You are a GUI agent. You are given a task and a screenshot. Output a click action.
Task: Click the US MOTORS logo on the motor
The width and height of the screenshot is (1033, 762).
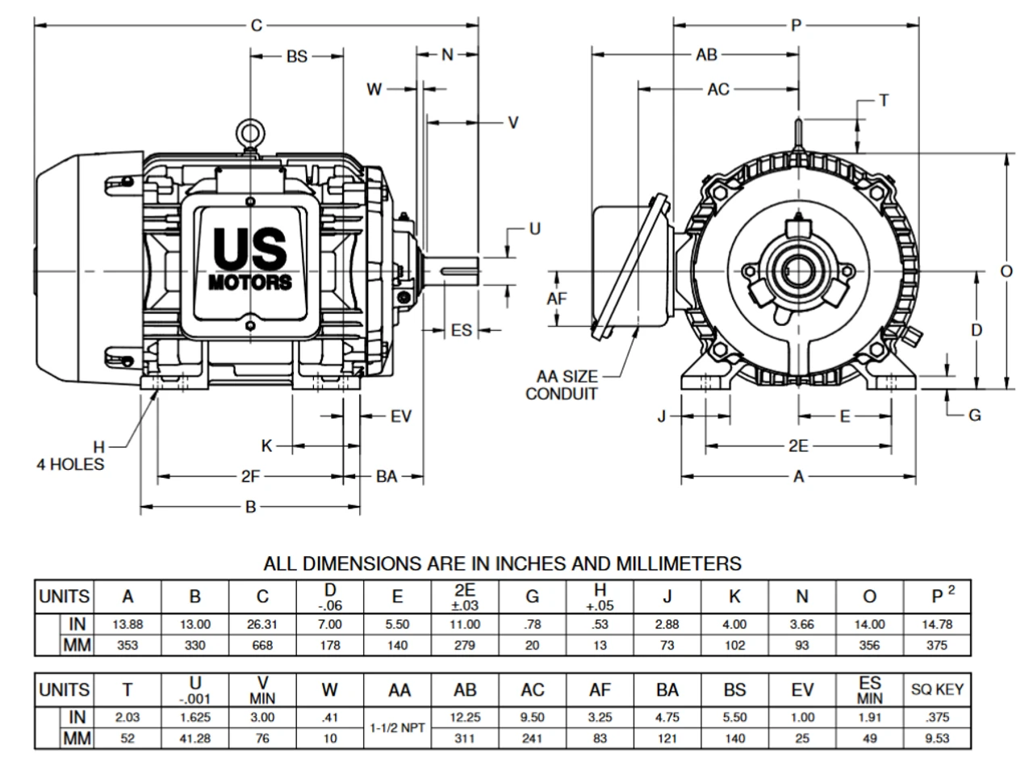pyautogui.click(x=250, y=257)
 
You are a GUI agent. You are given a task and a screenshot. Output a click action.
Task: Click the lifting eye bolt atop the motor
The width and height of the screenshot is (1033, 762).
pyautogui.click(x=250, y=132)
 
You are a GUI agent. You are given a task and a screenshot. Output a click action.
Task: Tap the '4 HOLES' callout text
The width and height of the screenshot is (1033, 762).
pyautogui.click(x=70, y=464)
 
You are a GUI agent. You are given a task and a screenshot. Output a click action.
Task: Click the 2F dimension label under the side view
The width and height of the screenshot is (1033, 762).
pyautogui.click(x=250, y=476)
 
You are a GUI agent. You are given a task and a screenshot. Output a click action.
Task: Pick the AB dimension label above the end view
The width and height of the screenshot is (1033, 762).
pyautogui.click(x=706, y=55)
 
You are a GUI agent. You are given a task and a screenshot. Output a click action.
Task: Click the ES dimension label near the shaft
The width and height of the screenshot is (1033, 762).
pyautogui.click(x=461, y=330)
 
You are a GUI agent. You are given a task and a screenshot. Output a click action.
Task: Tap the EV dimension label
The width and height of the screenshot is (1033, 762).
pyautogui.click(x=401, y=417)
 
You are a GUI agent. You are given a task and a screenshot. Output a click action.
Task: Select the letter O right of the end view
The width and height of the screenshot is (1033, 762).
pyautogui.click(x=1006, y=271)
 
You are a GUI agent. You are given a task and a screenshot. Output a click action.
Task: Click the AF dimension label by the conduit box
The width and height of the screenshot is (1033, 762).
pyautogui.click(x=557, y=299)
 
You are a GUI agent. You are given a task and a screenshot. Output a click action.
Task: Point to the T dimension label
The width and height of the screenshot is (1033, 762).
pyautogui.click(x=884, y=100)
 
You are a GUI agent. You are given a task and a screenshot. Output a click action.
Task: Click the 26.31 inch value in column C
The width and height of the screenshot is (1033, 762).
pyautogui.click(x=262, y=624)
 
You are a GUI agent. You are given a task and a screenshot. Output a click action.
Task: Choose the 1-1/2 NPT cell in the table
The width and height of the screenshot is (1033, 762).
pyautogui.click(x=398, y=726)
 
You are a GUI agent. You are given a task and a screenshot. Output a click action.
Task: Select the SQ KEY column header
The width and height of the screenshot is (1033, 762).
pyautogui.click(x=938, y=689)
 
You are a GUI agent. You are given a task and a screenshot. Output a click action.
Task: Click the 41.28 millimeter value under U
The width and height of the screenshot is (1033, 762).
pyautogui.click(x=194, y=737)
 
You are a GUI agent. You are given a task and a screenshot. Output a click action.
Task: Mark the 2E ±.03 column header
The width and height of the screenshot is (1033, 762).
pyautogui.click(x=465, y=596)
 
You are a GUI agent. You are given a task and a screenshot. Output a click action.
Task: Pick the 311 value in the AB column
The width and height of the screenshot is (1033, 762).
pyautogui.click(x=466, y=737)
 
